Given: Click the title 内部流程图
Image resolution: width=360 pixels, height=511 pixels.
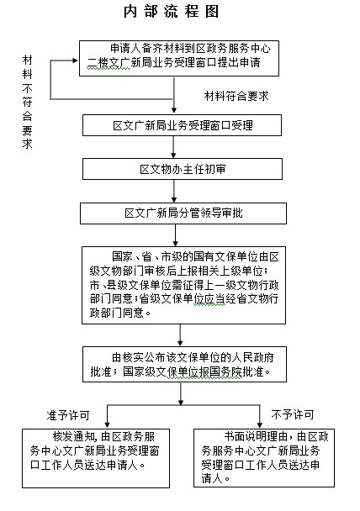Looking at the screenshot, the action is coord(171,12).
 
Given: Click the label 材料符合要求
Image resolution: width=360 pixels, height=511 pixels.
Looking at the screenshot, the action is coord(236,96).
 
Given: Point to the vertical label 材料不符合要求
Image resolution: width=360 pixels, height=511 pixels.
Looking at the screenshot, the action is coord(28,102).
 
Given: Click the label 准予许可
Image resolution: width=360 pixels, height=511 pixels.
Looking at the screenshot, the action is coord(68,415).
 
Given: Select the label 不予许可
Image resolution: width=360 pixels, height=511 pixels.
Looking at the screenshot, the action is coord(293,414).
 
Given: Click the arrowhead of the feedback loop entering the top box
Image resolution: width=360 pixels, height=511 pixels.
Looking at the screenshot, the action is coord(76,61).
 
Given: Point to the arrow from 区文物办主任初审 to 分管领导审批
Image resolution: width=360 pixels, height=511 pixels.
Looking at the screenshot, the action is coord(174,191).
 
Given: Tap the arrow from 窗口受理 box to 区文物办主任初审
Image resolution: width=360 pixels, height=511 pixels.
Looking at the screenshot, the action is coord(173,147).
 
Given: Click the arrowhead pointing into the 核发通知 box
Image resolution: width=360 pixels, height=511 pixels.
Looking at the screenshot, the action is coord(107,425).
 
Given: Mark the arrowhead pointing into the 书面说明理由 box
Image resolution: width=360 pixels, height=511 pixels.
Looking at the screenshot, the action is coord(260,425).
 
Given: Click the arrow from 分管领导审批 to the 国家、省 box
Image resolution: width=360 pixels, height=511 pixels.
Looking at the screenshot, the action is coord(176,235).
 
